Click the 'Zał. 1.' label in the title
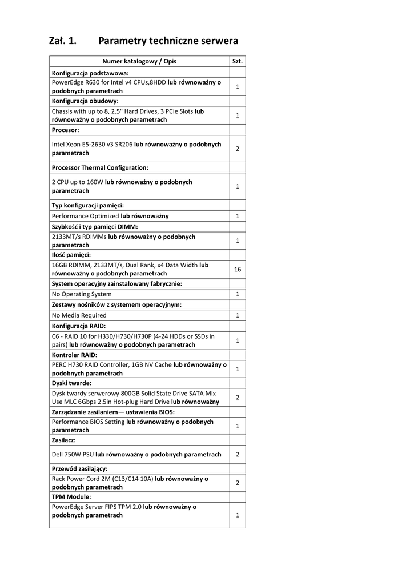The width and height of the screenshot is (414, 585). (x=63, y=41)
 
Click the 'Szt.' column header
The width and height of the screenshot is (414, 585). (x=238, y=61)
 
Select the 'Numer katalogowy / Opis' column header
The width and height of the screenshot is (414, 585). (x=139, y=61)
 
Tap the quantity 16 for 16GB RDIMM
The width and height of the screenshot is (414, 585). (x=238, y=269)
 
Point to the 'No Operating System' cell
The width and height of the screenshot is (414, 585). (x=82, y=294)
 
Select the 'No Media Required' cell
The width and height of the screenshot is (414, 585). (x=79, y=315)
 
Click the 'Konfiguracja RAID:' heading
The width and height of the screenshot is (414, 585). (x=79, y=326)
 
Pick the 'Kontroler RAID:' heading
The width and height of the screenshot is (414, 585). (x=74, y=355)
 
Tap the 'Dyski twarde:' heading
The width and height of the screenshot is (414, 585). (x=71, y=383)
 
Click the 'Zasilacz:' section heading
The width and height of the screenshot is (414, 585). (x=64, y=440)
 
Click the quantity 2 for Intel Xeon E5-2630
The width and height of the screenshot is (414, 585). (x=238, y=149)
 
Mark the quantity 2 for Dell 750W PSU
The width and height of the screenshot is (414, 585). (x=238, y=455)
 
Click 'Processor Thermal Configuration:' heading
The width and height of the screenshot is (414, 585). (x=100, y=168)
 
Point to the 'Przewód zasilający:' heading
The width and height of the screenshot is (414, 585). (x=79, y=468)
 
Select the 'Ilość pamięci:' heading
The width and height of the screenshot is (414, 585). (x=71, y=255)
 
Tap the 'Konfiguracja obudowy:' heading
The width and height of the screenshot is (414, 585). (x=85, y=101)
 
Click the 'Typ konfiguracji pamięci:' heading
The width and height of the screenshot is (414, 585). (x=88, y=205)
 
